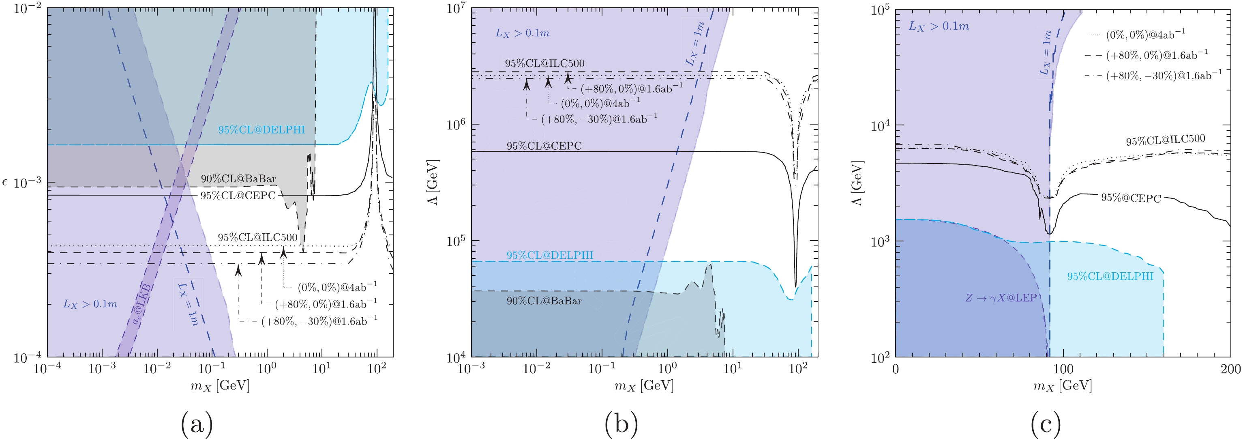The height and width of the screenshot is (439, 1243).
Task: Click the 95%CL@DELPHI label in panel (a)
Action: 261,129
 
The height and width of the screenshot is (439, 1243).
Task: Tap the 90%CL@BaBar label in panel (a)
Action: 238,179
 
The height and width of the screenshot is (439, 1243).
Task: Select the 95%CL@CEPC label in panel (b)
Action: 544,146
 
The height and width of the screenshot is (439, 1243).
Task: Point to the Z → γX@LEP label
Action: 1001,297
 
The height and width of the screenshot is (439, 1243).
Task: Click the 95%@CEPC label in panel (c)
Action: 1131,198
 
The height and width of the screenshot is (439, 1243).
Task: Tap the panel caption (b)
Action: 621,424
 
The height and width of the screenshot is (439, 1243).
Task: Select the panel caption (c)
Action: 1045,424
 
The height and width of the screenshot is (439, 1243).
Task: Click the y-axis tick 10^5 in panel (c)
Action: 880,11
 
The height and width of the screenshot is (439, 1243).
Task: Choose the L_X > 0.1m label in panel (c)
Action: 939,26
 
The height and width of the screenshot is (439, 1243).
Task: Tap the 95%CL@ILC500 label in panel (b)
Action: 544,63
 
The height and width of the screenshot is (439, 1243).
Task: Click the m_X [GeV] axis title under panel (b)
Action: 644,386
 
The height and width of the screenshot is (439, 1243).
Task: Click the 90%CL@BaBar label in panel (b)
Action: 544,301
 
